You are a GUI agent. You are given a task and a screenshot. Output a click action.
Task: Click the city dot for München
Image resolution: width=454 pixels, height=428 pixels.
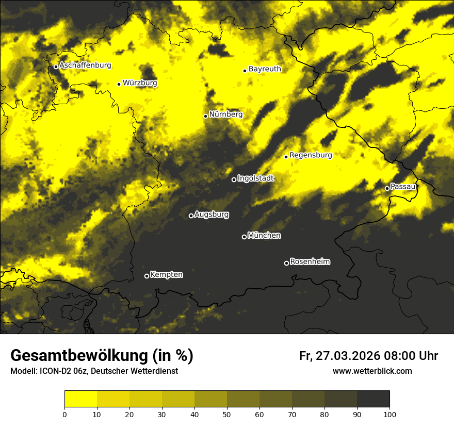[x=245, y=237]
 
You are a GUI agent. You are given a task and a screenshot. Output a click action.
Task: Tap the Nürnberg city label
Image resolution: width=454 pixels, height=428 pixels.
[x=226, y=114]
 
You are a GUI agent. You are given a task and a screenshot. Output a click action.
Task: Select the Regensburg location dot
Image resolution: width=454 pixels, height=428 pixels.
[x=286, y=157]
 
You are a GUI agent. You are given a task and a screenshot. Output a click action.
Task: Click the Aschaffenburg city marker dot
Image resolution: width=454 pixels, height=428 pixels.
[x=56, y=67]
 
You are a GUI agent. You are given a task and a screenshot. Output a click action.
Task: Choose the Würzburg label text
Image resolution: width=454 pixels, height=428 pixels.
[x=140, y=83]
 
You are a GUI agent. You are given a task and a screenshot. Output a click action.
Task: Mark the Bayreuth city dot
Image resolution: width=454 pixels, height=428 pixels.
[x=245, y=71]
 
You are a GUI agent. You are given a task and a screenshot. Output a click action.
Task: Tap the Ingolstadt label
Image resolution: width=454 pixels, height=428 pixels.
[x=255, y=178]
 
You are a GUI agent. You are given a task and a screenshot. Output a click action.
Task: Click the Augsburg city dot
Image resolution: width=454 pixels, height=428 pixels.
[x=191, y=216]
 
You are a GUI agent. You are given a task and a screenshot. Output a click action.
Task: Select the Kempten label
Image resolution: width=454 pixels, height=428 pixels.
[x=166, y=275]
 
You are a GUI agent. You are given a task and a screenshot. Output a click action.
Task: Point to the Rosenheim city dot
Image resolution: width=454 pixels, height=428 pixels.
[x=286, y=264]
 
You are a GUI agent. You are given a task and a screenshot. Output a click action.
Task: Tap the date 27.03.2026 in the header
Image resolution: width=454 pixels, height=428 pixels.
[x=347, y=356]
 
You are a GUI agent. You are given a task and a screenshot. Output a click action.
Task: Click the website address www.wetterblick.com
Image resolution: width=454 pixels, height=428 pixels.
[x=372, y=371]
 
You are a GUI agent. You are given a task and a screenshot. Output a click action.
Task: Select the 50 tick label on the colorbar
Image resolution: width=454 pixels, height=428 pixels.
[x=227, y=414]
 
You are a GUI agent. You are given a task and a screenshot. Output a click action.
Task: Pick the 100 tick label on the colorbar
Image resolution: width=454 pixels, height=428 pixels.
[x=390, y=414]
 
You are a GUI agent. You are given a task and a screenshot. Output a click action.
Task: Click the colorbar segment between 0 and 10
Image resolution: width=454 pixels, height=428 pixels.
[x=80, y=399]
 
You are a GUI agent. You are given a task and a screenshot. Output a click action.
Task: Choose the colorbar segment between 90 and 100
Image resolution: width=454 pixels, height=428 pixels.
[x=373, y=399]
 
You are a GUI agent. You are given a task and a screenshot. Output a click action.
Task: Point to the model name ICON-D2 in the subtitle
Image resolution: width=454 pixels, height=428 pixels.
[x=56, y=371]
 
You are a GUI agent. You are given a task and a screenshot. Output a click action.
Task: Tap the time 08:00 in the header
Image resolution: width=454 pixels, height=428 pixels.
[x=400, y=356]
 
